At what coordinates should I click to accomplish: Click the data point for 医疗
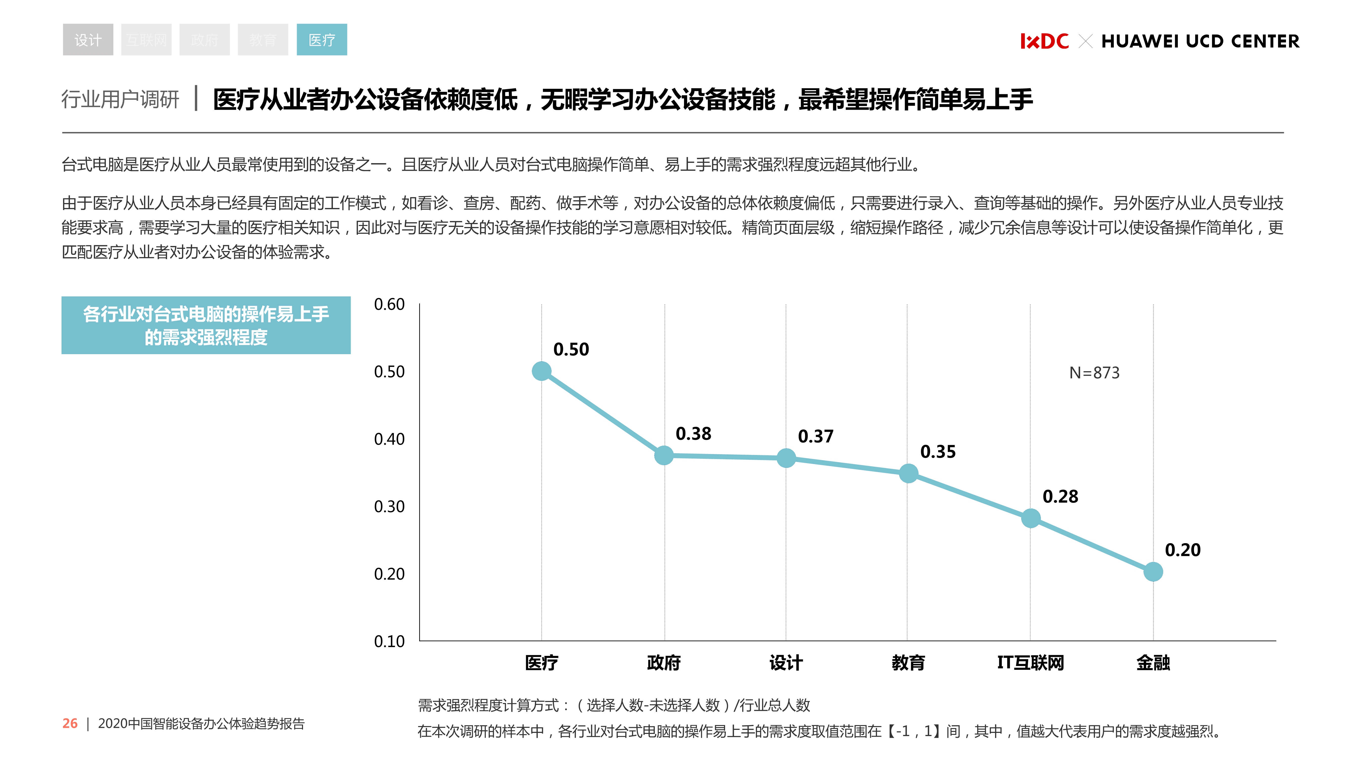pos(541,371)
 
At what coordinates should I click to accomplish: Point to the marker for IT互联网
pos(1030,518)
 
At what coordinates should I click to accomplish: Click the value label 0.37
pos(815,436)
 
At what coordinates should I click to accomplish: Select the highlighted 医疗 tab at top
pos(322,40)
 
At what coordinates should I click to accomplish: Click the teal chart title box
pos(206,325)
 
